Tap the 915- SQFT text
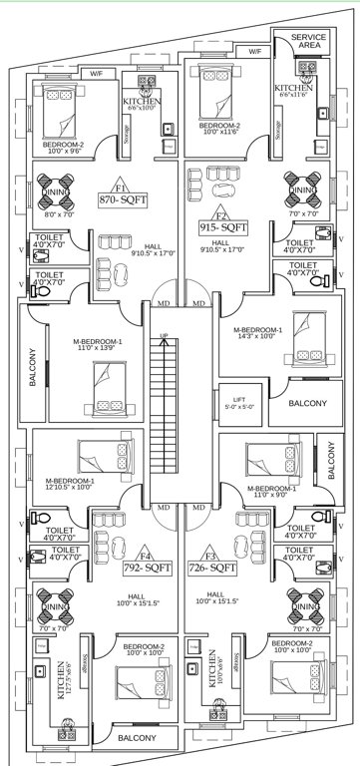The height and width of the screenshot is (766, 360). pos(224,227)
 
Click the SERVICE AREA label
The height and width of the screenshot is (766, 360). pos(310,42)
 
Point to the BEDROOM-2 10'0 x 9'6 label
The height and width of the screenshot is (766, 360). pos(63,149)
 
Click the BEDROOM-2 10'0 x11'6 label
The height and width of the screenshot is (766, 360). pos(218,131)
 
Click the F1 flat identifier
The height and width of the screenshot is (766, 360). pos(121,187)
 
